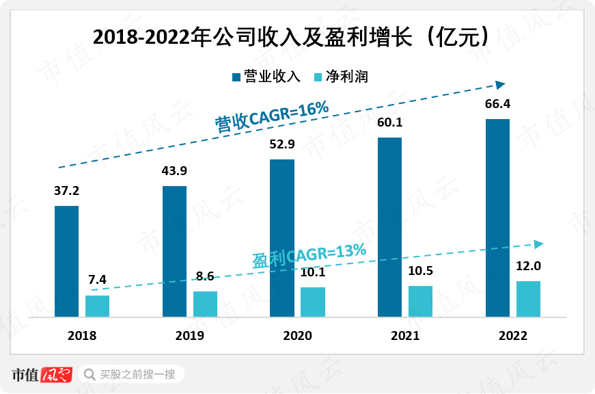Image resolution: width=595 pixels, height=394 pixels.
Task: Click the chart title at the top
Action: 292,37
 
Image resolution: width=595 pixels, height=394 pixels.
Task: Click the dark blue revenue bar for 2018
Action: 67,261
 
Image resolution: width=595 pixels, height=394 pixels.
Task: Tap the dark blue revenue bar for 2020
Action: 282,238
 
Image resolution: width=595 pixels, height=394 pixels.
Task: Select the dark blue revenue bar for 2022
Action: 497,218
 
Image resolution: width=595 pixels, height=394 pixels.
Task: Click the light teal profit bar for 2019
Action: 205,304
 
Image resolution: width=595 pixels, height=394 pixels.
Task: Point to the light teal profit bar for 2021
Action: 420,302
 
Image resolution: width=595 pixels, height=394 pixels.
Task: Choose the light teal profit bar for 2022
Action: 528,299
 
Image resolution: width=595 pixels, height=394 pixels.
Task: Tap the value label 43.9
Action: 175,172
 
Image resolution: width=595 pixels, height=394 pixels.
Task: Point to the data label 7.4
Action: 98,280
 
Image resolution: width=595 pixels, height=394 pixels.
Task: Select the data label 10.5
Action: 420,271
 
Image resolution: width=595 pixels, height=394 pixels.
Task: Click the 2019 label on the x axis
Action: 189,336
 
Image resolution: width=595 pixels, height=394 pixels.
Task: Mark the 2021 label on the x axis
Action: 405,336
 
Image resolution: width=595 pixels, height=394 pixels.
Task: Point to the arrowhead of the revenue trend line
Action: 500,85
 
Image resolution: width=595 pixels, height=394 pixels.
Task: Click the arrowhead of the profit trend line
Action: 538,244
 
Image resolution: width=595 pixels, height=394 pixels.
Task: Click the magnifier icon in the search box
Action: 89,374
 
